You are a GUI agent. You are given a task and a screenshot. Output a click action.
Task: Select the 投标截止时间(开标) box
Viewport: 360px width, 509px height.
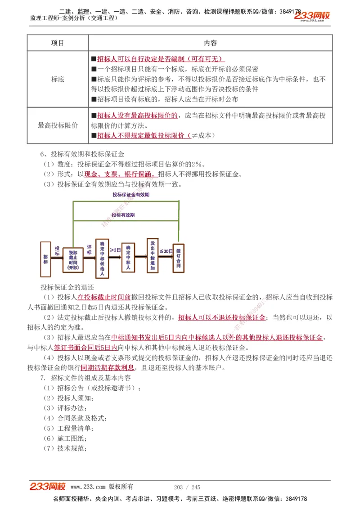(72, 260)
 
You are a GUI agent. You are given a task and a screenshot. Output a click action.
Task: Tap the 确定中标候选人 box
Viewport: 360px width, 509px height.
(102, 258)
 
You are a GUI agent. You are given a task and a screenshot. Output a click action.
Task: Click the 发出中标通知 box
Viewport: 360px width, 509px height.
(153, 256)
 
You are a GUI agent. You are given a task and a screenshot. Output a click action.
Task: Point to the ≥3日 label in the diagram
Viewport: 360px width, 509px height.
(115, 250)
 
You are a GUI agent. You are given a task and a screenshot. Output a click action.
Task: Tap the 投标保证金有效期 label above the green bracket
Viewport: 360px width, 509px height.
(131, 195)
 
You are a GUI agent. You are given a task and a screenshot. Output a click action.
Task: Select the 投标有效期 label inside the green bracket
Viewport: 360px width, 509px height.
(123, 215)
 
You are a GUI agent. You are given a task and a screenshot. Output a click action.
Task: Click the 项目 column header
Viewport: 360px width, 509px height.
(58, 43)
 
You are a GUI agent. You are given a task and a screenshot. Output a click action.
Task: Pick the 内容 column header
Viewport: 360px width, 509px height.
(210, 43)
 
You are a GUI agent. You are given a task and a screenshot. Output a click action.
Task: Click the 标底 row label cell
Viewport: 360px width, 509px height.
(58, 79)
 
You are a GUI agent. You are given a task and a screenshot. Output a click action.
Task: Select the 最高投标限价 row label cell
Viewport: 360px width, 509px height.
(58, 125)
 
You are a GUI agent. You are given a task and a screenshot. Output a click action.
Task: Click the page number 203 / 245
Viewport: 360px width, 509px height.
(187, 487)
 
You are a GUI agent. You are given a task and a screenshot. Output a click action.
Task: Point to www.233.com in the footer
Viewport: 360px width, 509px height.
(88, 487)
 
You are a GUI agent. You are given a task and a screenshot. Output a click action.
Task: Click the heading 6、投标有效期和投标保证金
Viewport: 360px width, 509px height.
(82, 154)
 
